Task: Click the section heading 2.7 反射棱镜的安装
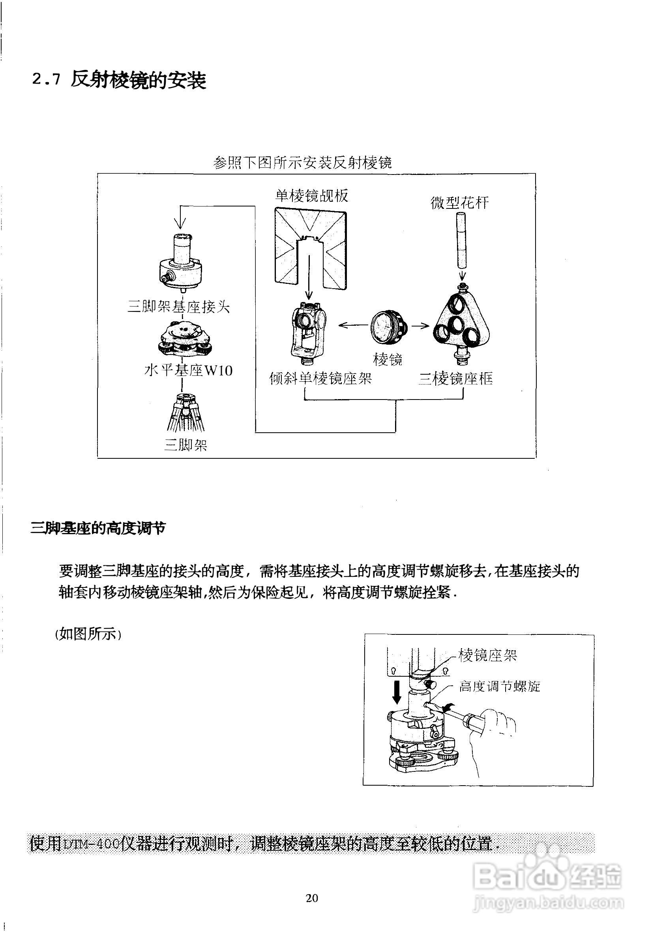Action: click(119, 80)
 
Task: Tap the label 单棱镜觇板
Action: click(312, 196)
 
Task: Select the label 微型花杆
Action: click(459, 203)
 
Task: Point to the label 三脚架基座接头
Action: click(178, 306)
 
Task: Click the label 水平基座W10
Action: click(188, 371)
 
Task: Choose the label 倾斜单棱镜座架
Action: click(320, 378)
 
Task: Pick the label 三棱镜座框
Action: click(455, 379)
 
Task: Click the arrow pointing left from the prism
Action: click(352, 325)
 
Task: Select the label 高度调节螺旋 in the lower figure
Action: click(500, 686)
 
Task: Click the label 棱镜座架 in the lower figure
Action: click(487, 655)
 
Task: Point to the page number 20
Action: click(312, 898)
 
